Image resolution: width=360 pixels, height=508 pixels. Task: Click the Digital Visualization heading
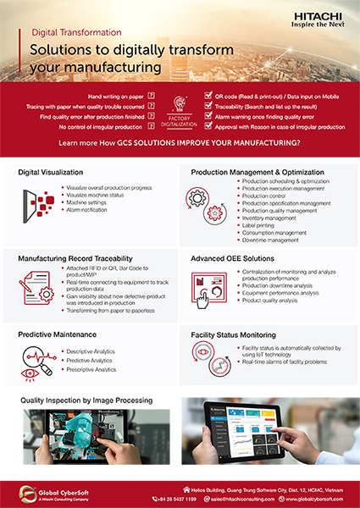[54, 172]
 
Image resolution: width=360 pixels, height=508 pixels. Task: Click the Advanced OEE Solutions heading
[231, 256]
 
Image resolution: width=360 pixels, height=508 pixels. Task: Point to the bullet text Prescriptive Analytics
[93, 369]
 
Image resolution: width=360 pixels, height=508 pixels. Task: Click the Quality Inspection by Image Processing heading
[86, 399]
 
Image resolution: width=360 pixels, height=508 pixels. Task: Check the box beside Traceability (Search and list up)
[208, 108]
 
